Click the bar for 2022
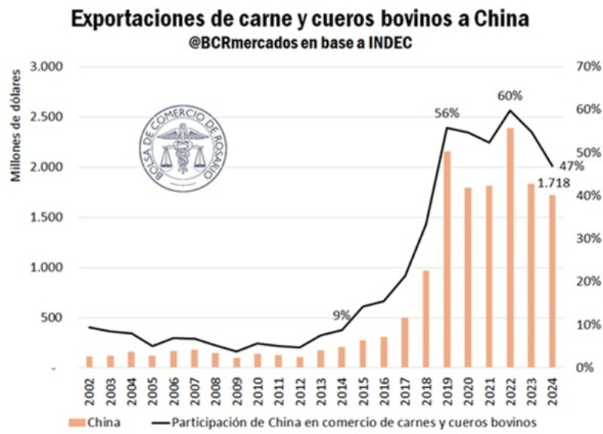tap(510, 249)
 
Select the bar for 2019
tap(447, 260)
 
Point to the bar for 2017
tap(405, 343)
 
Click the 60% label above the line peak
tap(510, 96)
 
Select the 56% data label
tap(446, 113)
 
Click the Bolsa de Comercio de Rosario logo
tap(183, 148)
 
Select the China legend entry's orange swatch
tap(78, 423)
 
